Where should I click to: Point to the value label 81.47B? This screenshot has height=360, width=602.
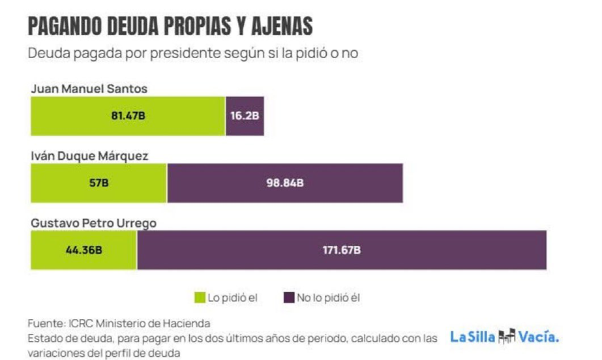[x=128, y=116]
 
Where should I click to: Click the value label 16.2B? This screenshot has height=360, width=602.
[x=245, y=116]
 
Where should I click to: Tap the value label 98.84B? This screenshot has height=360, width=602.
[x=284, y=183]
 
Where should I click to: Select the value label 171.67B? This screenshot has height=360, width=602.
[x=342, y=250]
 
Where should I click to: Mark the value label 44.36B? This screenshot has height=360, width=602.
[x=83, y=250]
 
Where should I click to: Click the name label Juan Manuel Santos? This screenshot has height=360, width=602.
[x=89, y=89]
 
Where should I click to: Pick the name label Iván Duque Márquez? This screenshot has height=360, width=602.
[x=89, y=156]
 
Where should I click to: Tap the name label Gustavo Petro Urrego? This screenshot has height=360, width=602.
[x=93, y=223]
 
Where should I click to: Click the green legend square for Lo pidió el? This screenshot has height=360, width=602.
[x=200, y=297]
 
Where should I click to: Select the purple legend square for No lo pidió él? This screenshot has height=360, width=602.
[x=288, y=297]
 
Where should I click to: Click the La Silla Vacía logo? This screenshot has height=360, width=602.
[x=504, y=337]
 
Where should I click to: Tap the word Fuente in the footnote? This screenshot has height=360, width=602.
[x=44, y=323]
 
